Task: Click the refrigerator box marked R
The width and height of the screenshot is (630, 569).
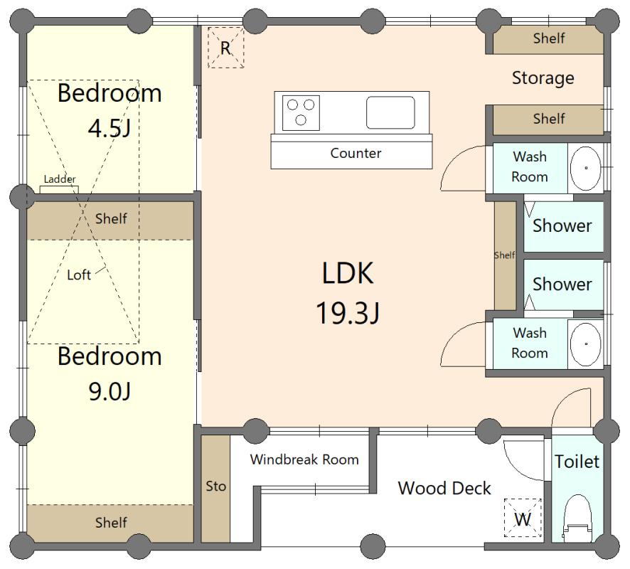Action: (x=226, y=48)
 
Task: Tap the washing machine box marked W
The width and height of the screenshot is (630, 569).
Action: (x=523, y=518)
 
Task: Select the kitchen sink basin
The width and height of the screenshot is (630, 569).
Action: (x=390, y=112)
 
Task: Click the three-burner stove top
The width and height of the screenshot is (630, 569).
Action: (x=301, y=113)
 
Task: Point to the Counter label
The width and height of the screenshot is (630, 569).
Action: (x=356, y=153)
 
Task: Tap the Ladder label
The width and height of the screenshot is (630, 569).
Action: (x=60, y=179)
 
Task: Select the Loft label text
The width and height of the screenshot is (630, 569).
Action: (x=79, y=275)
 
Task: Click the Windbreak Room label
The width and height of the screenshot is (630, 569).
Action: (x=304, y=459)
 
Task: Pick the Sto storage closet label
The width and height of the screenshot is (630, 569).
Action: (x=215, y=486)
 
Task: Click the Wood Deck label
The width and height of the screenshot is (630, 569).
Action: (x=444, y=488)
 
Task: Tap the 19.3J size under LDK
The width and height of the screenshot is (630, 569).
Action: (x=348, y=313)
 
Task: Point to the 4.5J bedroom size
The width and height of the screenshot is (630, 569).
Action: (x=110, y=128)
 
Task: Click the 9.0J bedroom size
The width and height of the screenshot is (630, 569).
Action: (x=110, y=391)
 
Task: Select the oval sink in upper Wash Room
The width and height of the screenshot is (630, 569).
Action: (x=586, y=169)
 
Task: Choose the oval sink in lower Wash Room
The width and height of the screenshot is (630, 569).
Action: (x=586, y=344)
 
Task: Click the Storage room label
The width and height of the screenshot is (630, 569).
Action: (x=543, y=78)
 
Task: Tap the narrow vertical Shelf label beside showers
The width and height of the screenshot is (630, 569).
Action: (x=505, y=255)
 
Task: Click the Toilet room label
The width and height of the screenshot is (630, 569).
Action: (x=577, y=462)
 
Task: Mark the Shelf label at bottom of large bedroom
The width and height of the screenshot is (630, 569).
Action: (x=111, y=522)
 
